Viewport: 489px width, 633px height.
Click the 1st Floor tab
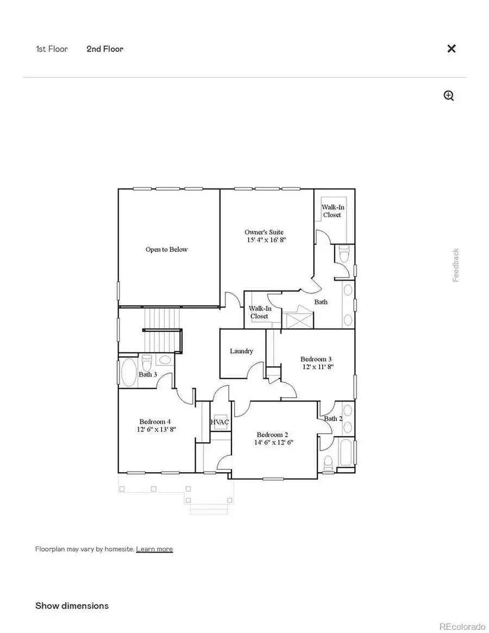52,49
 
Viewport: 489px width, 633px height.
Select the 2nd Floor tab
105,49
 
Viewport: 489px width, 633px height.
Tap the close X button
451,49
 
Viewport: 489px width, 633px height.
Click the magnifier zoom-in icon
449,96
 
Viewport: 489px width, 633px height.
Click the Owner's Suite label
264,233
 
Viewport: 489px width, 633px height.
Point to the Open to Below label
166,249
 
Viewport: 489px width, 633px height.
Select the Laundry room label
241,351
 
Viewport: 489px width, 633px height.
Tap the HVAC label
220,422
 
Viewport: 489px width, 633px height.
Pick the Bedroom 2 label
272,435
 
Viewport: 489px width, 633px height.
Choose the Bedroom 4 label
155,422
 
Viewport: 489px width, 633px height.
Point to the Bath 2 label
333,418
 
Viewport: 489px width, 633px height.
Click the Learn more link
154,549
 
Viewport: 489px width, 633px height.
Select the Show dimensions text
72,605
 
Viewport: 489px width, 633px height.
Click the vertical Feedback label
456,265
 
